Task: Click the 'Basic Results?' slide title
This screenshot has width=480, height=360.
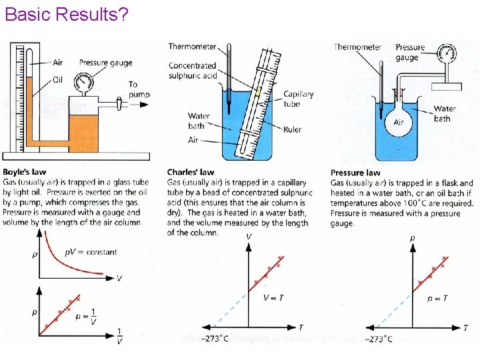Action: tap(67, 14)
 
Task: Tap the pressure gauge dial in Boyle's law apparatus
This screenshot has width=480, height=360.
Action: tap(83, 81)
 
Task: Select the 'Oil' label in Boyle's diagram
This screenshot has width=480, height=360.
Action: tap(57, 80)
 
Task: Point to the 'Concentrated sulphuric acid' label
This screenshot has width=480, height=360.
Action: tap(193, 71)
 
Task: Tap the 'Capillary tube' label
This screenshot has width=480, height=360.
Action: tap(298, 99)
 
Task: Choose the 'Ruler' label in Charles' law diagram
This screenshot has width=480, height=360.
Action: tap(292, 129)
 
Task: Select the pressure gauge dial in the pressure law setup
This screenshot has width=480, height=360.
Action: tap(447, 53)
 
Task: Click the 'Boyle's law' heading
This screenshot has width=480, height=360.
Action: tap(24, 172)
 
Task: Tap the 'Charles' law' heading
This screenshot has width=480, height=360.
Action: tap(191, 172)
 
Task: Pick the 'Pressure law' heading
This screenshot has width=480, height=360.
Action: tap(355, 173)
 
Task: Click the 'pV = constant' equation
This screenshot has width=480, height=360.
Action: tap(91, 252)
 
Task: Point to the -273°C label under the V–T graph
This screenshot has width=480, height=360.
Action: tap(217, 339)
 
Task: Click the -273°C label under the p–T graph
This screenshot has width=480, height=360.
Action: tap(379, 339)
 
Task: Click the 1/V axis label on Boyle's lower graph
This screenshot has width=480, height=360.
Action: tap(119, 336)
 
